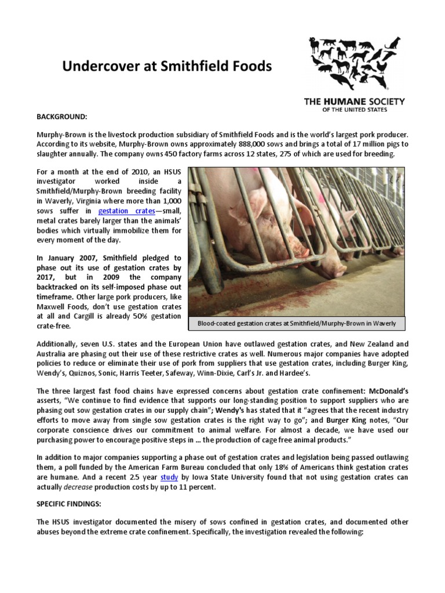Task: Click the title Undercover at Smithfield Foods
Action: (x=167, y=67)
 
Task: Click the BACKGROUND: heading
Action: (x=61, y=116)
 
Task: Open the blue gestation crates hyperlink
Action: (x=126, y=211)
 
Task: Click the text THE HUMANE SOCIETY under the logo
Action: (x=355, y=102)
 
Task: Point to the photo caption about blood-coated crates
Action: (x=296, y=323)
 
